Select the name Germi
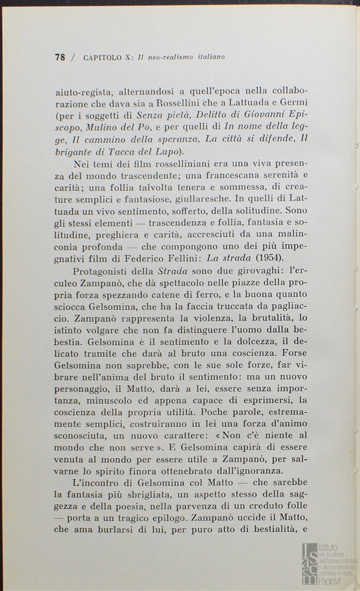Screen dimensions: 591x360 click(x=295, y=104)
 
